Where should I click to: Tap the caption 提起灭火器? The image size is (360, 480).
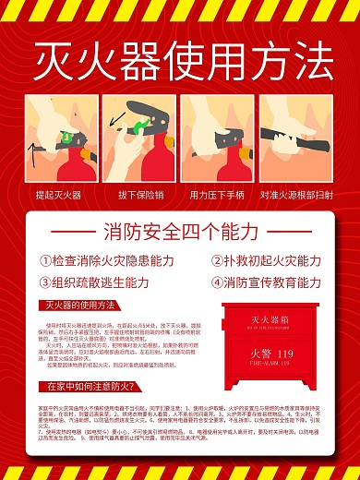tap(58, 195)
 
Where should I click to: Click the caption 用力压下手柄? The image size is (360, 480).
tap(219, 195)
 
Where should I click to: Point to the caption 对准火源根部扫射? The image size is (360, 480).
tap(298, 195)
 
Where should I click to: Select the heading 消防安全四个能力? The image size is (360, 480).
tap(181, 231)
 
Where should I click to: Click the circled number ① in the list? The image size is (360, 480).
tap(45, 261)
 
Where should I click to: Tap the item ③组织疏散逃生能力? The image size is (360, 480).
tap(93, 283)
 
